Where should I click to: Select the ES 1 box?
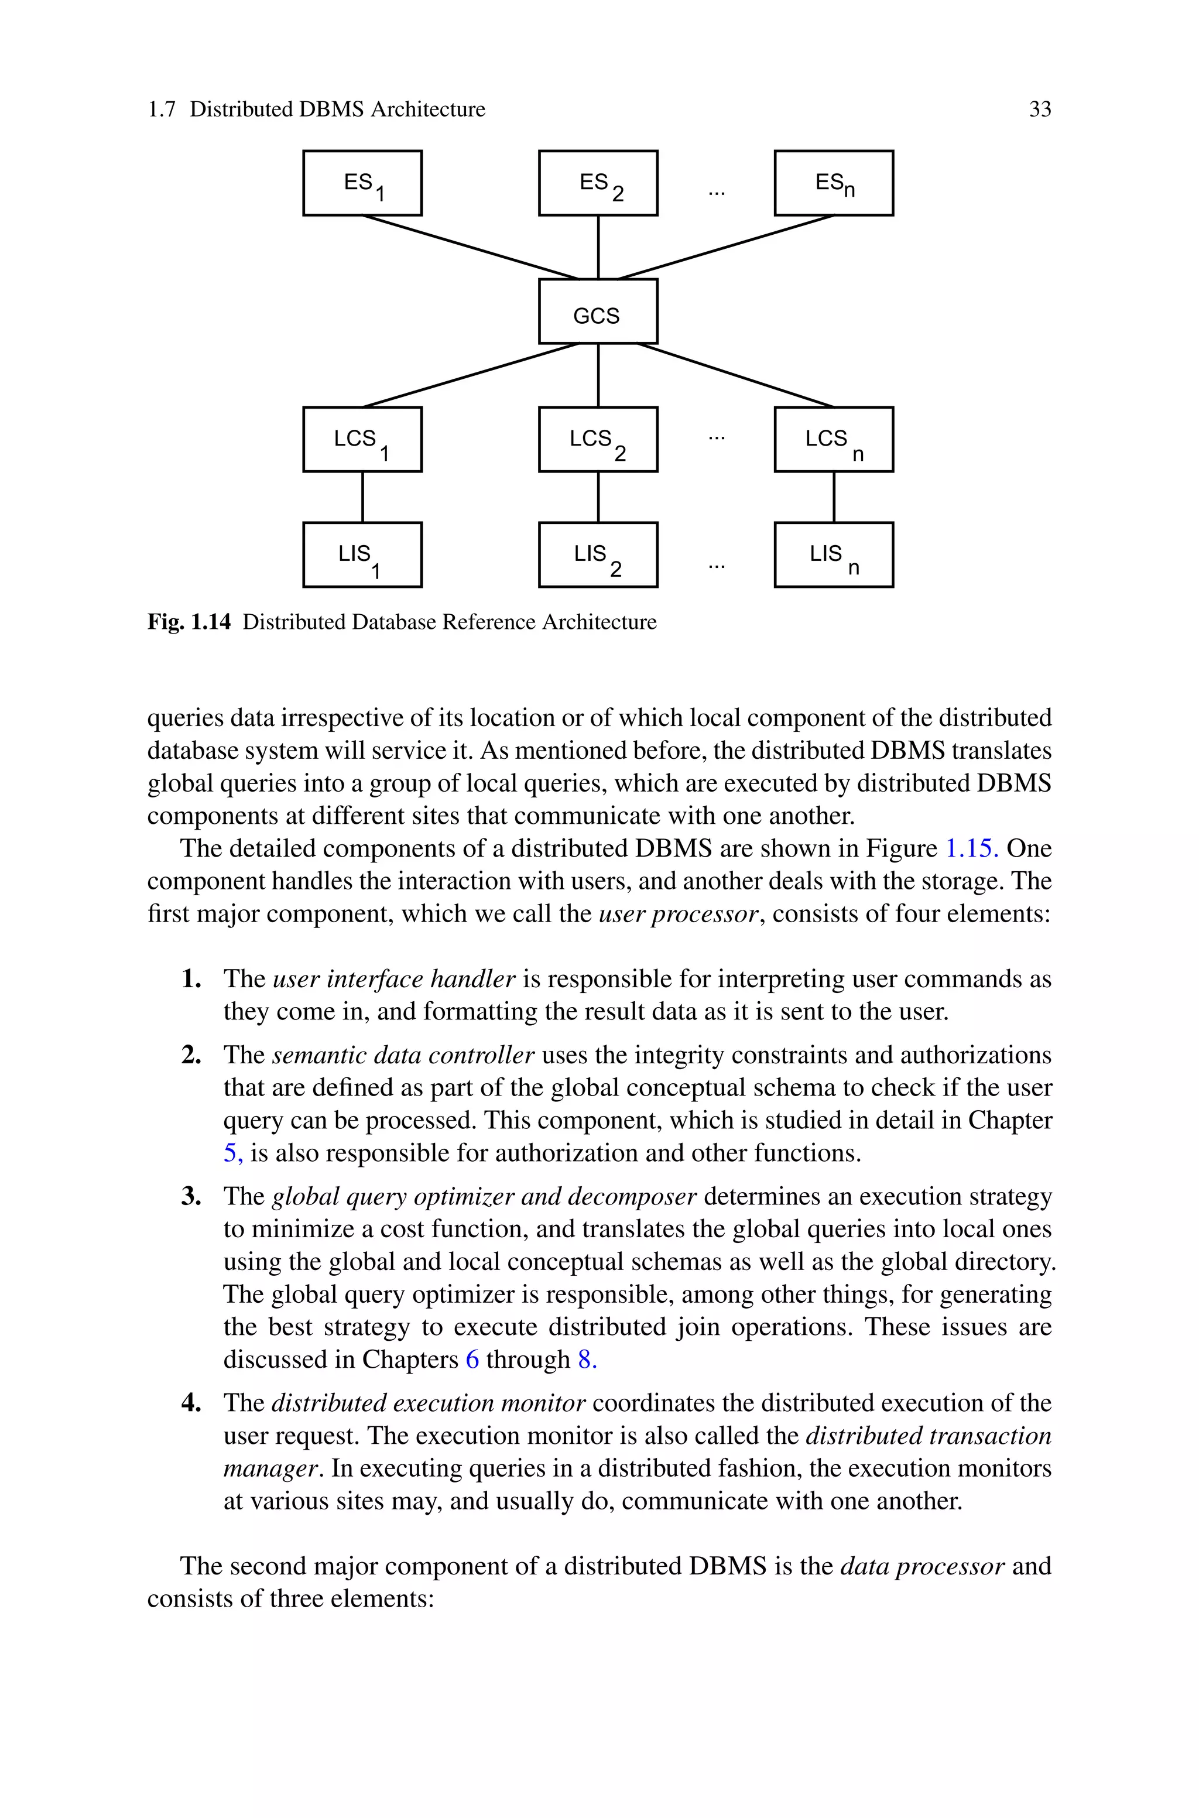tap(362, 183)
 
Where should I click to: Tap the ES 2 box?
tap(597, 183)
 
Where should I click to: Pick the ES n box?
tap(834, 183)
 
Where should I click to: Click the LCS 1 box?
tap(362, 440)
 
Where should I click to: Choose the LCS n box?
tap(834, 440)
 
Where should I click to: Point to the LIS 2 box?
tap(597, 555)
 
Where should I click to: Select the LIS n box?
tap(834, 555)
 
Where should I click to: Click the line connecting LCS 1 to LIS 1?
tap(362, 497)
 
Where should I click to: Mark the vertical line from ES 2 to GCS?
tap(598, 247)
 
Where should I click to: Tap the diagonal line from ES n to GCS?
tap(727, 247)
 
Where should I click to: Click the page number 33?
tap(1039, 109)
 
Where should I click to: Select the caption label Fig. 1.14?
tap(188, 622)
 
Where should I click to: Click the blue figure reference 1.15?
tap(971, 848)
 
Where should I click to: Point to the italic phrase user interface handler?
tap(394, 980)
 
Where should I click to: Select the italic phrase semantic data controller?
tap(402, 1055)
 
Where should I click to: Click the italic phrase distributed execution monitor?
tap(428, 1403)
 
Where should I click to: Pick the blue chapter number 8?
tap(587, 1360)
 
